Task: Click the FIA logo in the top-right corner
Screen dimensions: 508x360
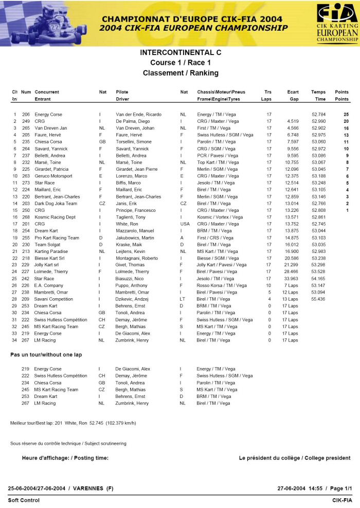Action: (x=337, y=22)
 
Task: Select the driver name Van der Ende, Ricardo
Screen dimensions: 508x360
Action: (x=138, y=114)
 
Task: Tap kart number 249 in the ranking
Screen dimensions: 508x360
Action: (x=26, y=121)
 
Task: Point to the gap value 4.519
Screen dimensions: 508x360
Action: (x=293, y=121)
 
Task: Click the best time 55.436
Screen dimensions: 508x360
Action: (x=319, y=299)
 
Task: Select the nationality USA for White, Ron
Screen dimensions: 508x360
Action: (x=185, y=224)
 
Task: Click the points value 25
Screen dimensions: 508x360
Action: (x=346, y=114)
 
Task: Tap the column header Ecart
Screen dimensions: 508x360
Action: (x=293, y=92)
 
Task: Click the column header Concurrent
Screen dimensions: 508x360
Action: (x=47, y=92)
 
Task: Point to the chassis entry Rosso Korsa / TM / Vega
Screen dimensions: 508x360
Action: (x=222, y=285)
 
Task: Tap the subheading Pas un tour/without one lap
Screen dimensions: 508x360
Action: (x=46, y=355)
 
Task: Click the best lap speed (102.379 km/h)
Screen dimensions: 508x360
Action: (x=121, y=423)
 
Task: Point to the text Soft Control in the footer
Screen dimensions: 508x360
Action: (x=24, y=500)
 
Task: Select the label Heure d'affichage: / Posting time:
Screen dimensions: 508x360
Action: (x=65, y=458)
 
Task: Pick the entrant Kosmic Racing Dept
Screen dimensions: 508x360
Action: (x=55, y=217)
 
